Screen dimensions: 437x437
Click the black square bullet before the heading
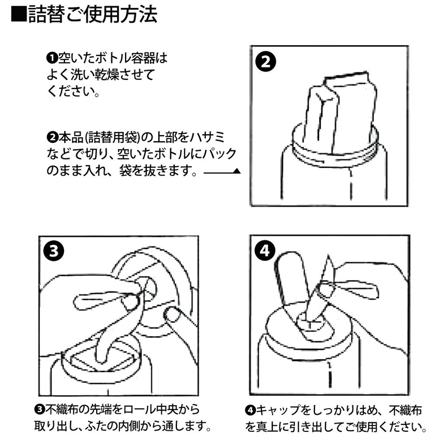(19, 14)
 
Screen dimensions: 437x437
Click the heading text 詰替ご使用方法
(93, 14)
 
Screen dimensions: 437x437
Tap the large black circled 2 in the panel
(266, 62)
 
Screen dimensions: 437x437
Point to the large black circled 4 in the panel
(265, 250)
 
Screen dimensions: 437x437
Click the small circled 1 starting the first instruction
(52, 58)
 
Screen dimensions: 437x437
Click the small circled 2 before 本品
(52, 137)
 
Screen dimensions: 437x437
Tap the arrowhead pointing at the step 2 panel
(237, 171)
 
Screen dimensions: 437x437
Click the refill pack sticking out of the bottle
(340, 111)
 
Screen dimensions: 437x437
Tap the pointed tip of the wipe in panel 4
(329, 256)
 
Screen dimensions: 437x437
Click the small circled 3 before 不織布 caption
(39, 409)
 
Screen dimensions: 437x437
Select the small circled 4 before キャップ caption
(250, 410)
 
